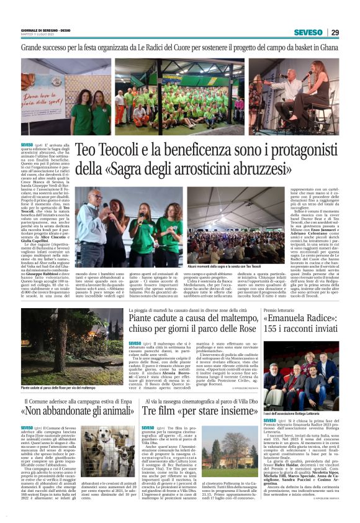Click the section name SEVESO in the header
point(308,32)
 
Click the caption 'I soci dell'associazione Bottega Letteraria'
point(292,396)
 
